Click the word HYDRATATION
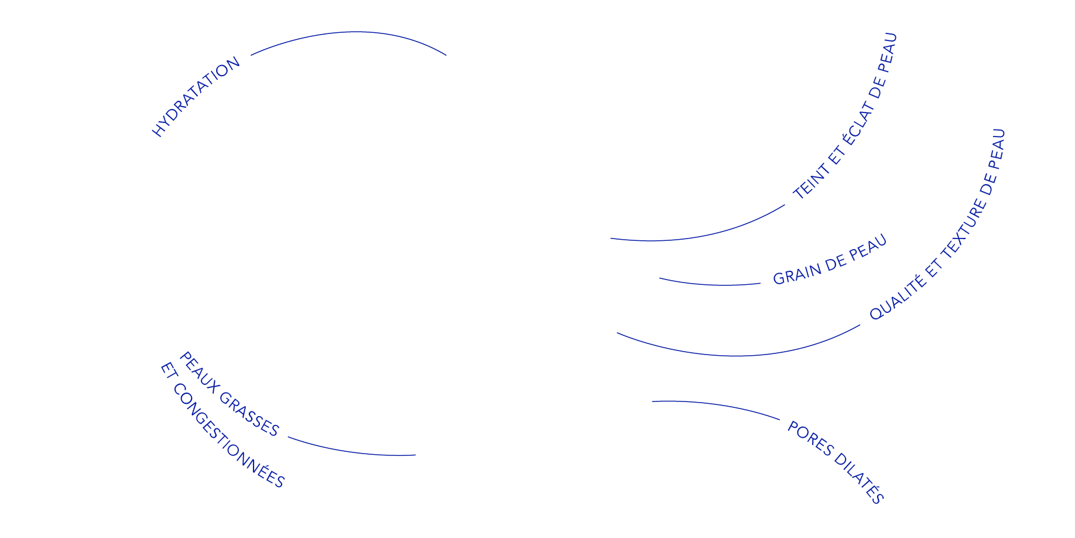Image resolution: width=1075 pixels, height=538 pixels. (x=196, y=97)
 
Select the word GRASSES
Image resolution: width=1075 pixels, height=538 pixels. (x=249, y=414)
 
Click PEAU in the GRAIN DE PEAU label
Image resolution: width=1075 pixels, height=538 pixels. (x=868, y=248)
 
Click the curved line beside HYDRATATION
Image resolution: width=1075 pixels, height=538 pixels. (x=351, y=33)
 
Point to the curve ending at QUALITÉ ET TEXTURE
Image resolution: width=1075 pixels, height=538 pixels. (x=738, y=355)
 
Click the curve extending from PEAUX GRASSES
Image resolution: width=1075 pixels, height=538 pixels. (x=351, y=451)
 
